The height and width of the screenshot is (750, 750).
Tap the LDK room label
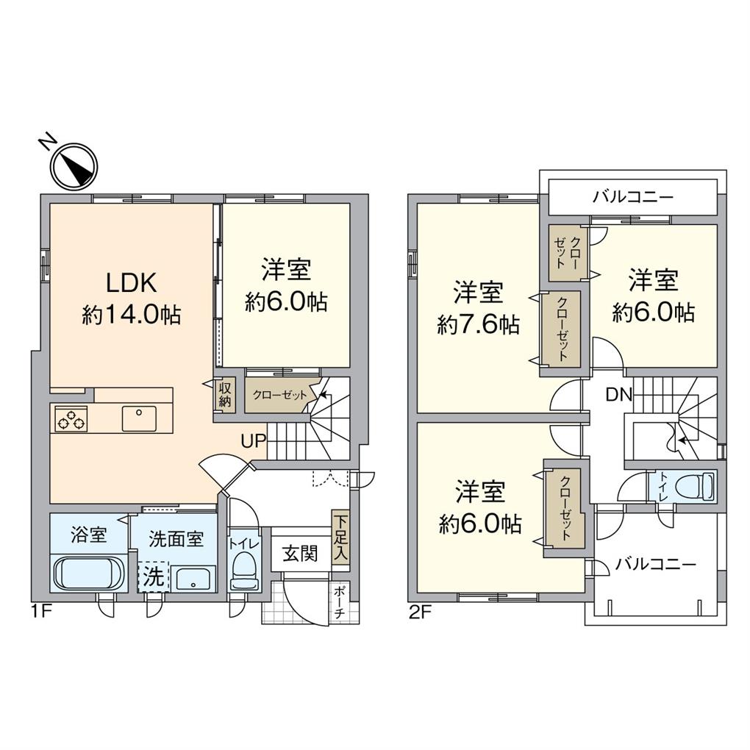pos(131,282)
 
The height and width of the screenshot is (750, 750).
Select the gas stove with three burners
pos(71,418)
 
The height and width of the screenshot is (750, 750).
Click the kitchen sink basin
pos(139,418)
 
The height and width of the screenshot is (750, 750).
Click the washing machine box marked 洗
pos(154,577)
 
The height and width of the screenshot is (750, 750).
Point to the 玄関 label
pos(300,554)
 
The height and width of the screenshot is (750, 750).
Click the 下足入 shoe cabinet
pos(341,537)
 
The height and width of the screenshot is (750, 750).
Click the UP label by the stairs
pos(253,440)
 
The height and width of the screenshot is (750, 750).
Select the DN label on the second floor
pos(619,395)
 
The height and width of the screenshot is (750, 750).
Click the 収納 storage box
pos(224,395)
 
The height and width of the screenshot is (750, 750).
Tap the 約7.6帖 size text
pos(478,326)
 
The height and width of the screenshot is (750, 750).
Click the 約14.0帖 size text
pos(131,315)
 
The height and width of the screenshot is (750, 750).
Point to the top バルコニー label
pos(633,196)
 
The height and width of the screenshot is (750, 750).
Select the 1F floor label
pos(41,612)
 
